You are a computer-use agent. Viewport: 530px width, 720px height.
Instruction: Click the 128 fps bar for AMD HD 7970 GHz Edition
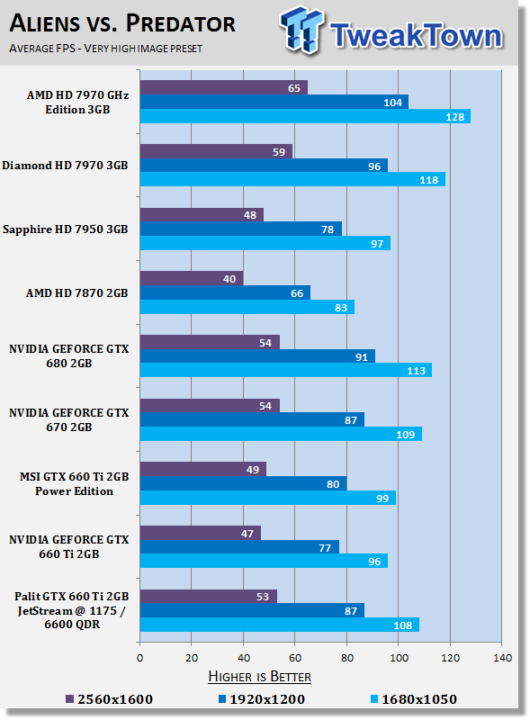click(x=305, y=116)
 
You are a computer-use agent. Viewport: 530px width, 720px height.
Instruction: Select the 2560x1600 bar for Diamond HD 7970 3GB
click(x=216, y=151)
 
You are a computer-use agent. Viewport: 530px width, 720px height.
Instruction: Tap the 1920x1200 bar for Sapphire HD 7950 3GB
click(x=241, y=229)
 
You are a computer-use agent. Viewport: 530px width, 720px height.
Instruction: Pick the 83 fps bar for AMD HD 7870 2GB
click(x=247, y=307)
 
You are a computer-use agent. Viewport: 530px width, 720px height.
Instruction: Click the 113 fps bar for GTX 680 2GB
click(x=286, y=370)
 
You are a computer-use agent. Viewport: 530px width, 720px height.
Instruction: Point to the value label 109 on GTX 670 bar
click(x=406, y=435)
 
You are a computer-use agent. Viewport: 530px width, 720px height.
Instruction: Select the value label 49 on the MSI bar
click(x=253, y=470)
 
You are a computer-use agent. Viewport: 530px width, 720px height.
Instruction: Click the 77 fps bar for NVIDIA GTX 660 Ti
click(x=239, y=547)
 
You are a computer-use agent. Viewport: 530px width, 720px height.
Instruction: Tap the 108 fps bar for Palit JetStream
click(x=280, y=625)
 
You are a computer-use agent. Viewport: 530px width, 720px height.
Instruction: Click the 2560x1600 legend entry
click(x=109, y=699)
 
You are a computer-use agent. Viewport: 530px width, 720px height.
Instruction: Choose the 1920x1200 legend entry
click(x=261, y=699)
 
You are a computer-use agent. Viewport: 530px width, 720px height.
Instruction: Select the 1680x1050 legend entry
click(x=414, y=699)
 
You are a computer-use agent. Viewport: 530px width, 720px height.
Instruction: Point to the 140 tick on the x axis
click(x=502, y=658)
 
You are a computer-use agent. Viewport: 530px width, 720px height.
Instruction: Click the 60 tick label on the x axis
click(x=295, y=658)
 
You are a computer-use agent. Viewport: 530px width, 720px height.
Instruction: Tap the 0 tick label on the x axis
click(x=140, y=658)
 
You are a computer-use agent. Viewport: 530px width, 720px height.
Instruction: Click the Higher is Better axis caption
click(x=259, y=677)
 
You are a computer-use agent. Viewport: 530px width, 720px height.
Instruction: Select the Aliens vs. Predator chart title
click(x=122, y=23)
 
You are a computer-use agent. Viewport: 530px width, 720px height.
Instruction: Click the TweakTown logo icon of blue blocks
click(x=301, y=30)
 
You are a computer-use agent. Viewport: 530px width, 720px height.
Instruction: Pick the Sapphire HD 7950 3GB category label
click(x=65, y=229)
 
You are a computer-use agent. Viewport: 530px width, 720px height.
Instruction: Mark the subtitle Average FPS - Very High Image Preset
click(x=105, y=49)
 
